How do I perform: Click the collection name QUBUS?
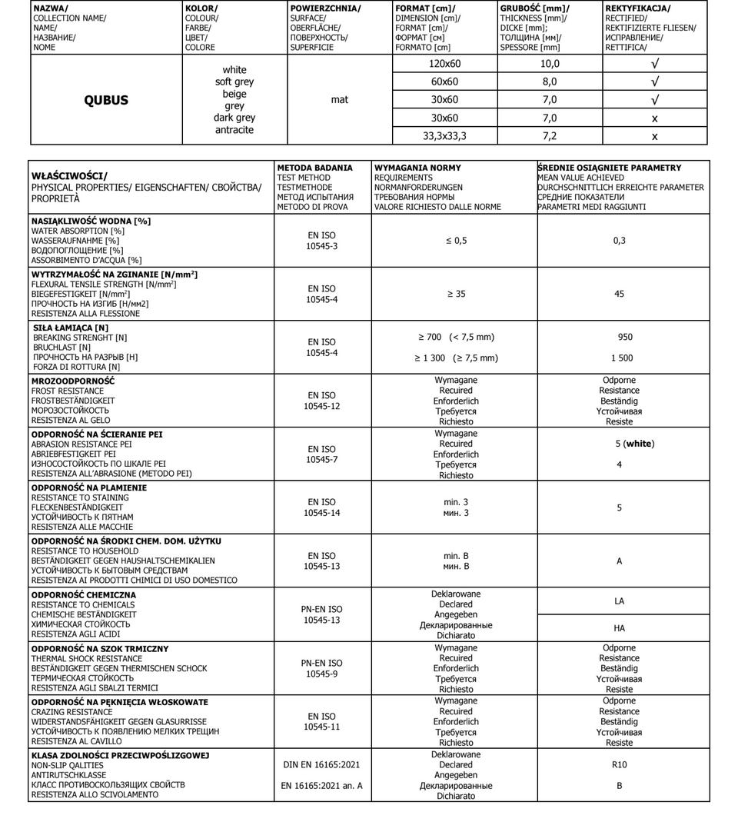106,100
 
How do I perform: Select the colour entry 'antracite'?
234,130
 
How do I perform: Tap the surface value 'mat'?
339,100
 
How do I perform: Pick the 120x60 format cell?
444,64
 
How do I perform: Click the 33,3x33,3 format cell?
444,136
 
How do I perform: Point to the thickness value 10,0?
550,64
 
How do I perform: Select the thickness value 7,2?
550,136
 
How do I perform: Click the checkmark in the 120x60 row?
654,64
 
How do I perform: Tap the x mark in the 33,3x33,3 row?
654,136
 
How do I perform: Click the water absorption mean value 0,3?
620,241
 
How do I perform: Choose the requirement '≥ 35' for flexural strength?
456,294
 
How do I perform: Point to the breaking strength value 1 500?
622,358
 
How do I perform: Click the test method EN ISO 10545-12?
322,401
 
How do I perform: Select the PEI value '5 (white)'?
635,444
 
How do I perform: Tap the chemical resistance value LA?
620,601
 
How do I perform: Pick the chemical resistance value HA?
620,628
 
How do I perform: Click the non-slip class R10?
620,765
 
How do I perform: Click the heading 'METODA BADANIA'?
314,168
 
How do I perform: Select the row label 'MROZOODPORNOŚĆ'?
73,381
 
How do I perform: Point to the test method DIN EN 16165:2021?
322,765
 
